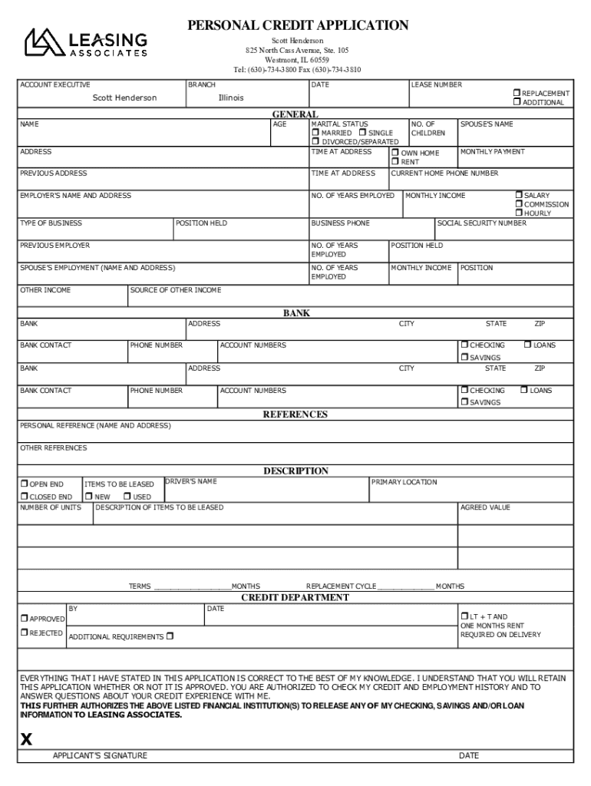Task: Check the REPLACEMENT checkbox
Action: click(x=517, y=93)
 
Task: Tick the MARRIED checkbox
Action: click(x=315, y=133)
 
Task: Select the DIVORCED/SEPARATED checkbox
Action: click(x=315, y=142)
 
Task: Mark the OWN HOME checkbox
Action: click(x=395, y=153)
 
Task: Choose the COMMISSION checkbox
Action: click(x=519, y=204)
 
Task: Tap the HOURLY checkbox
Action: click(x=519, y=213)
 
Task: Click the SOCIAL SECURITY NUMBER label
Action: click(x=482, y=223)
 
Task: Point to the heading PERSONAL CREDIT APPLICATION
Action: click(x=298, y=25)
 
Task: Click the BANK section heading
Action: click(x=296, y=313)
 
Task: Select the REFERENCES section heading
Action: click(x=295, y=414)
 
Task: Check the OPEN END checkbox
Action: click(x=24, y=484)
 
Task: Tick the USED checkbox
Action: click(x=127, y=497)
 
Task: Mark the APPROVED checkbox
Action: click(x=25, y=618)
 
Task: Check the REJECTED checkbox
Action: click(x=25, y=633)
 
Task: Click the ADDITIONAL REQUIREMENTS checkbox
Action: click(x=170, y=636)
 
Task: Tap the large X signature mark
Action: click(x=27, y=739)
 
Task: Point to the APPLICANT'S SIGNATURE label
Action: click(x=100, y=756)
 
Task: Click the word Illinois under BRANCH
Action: click(x=231, y=98)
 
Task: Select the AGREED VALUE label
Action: click(x=485, y=507)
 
